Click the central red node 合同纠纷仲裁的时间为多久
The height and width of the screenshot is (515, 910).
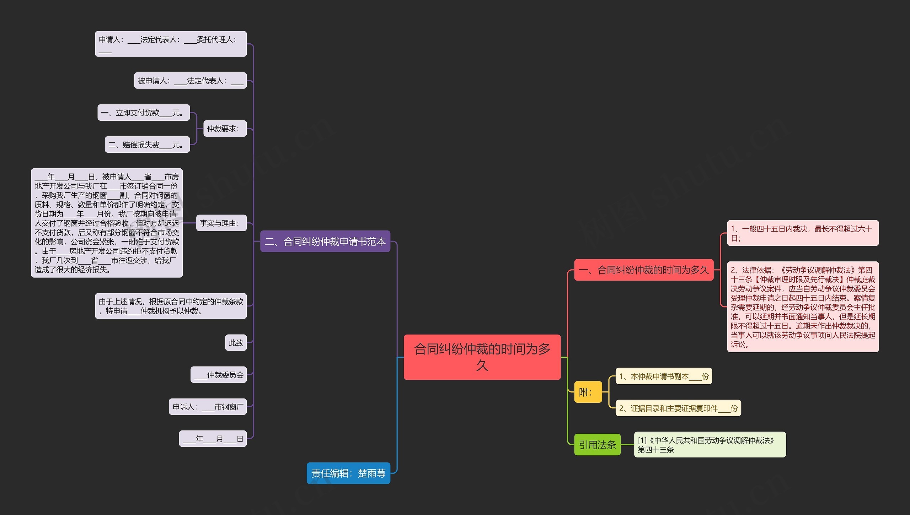point(482,357)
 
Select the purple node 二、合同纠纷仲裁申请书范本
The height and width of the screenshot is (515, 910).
point(325,242)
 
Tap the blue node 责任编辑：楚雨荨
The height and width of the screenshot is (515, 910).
point(348,473)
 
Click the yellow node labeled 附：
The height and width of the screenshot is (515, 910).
point(588,392)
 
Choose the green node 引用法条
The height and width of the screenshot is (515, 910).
point(597,445)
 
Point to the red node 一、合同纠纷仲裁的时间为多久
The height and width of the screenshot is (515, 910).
point(644,270)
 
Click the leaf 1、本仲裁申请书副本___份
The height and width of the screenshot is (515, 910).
point(664,376)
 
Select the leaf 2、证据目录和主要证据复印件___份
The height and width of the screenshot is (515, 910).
point(678,408)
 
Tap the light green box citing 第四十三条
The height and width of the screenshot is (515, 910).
point(710,445)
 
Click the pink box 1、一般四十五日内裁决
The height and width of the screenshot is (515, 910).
point(803,233)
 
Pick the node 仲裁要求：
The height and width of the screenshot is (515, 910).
point(225,129)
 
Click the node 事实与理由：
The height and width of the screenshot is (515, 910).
point(221,223)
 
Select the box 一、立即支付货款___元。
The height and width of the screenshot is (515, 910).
point(144,113)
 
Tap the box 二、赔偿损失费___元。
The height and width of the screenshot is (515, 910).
point(147,145)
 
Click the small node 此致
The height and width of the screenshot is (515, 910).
point(236,343)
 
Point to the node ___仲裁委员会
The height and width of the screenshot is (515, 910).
point(219,375)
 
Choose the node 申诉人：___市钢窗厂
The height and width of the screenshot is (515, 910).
point(208,407)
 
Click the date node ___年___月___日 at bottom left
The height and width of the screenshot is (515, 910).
point(213,439)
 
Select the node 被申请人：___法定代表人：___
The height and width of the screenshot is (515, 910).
point(190,81)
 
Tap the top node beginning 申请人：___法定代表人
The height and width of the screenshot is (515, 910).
point(171,44)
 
